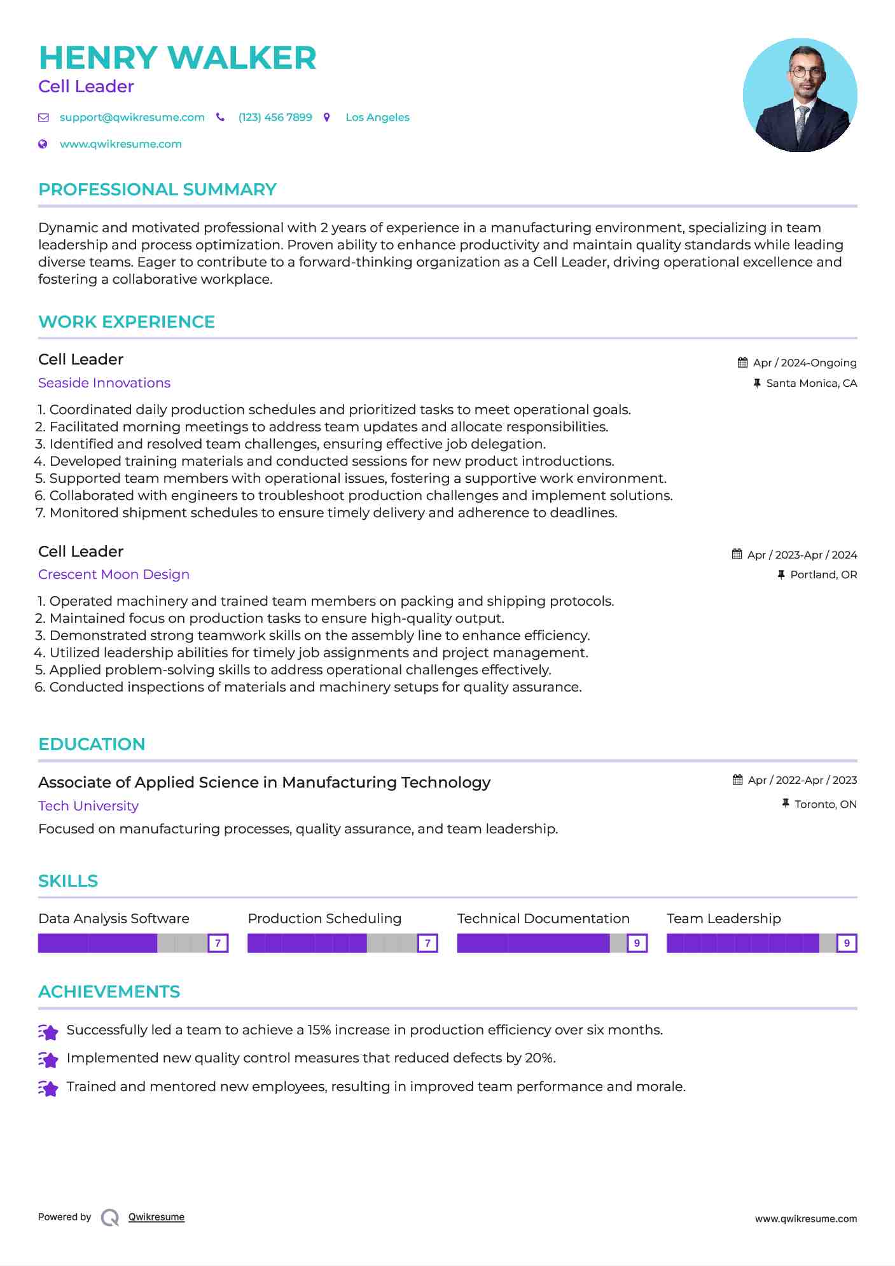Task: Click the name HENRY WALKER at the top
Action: point(177,58)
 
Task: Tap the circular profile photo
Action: point(800,95)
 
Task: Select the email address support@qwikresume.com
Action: point(132,117)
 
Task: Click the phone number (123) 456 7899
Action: point(275,117)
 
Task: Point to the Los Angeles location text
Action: point(377,117)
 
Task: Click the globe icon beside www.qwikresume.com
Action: point(43,144)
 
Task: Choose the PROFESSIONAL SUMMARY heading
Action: point(157,190)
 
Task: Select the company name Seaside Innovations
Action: point(104,383)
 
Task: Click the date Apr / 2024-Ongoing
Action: point(805,363)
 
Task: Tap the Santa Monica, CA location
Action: point(811,383)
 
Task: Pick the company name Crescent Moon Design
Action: point(114,574)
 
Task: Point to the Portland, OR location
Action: point(823,574)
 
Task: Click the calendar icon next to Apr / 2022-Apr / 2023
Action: point(737,780)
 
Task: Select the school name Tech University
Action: point(88,806)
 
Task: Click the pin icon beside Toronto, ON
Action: point(786,804)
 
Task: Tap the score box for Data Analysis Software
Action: point(218,943)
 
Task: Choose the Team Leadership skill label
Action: point(723,919)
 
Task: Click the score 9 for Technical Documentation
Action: point(637,943)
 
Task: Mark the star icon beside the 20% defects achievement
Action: point(48,1059)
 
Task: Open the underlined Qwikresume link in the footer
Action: point(156,1217)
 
